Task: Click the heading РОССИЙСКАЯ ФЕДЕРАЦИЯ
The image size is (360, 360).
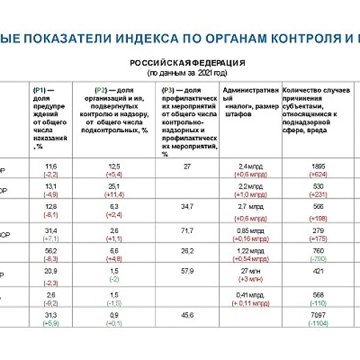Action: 187,62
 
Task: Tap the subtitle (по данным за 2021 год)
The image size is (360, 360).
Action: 187,73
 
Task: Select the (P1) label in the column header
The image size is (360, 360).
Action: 40,89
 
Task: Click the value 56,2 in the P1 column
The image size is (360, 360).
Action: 51,251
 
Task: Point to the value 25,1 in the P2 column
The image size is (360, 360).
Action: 114,187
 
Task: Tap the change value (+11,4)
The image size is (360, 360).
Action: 114,196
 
